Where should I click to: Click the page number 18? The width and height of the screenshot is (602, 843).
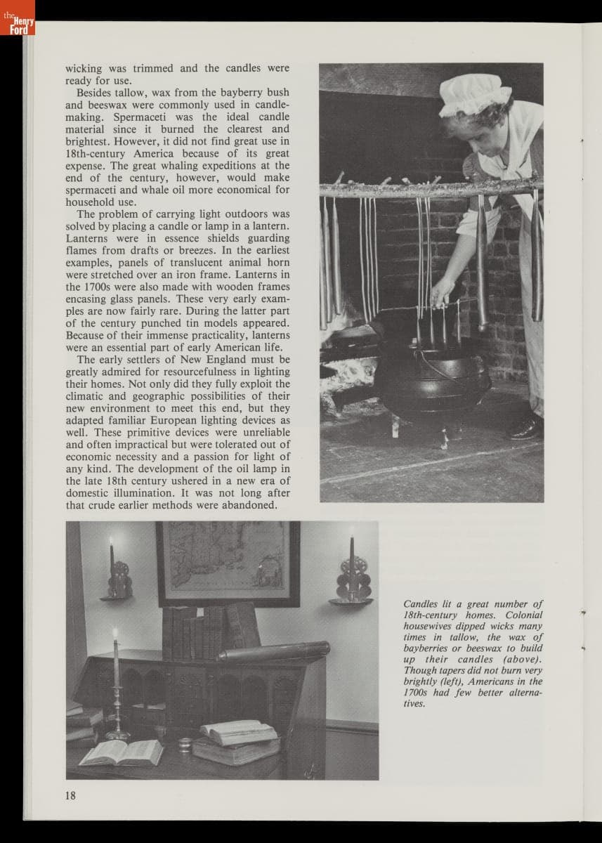click(71, 795)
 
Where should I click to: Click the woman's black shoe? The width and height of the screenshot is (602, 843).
click(527, 427)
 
